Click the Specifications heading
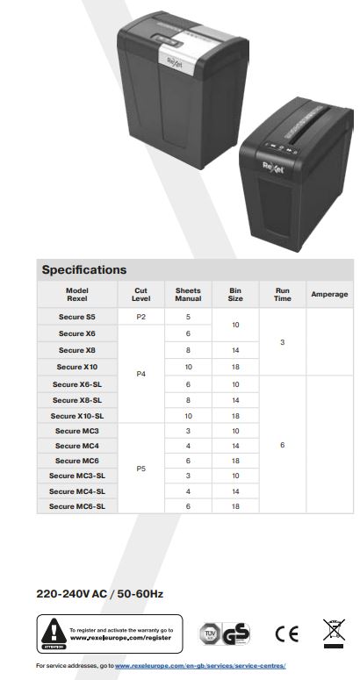pos(84,269)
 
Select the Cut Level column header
pos(140,295)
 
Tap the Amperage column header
pos(329,295)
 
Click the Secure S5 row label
pos(77,317)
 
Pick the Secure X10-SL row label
pos(77,416)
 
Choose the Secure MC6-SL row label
pos(77,506)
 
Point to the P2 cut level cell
pos(140,317)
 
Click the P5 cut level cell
pos(140,469)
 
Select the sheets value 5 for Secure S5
pos(188,317)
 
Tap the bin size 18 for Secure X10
pos(235,367)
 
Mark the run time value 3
pos(282,341)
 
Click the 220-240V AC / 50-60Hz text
pos(100,594)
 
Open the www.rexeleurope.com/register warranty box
pos(110,633)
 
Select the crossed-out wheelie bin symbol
pos(334,633)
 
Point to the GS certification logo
pos(235,634)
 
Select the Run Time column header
pos(282,295)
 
